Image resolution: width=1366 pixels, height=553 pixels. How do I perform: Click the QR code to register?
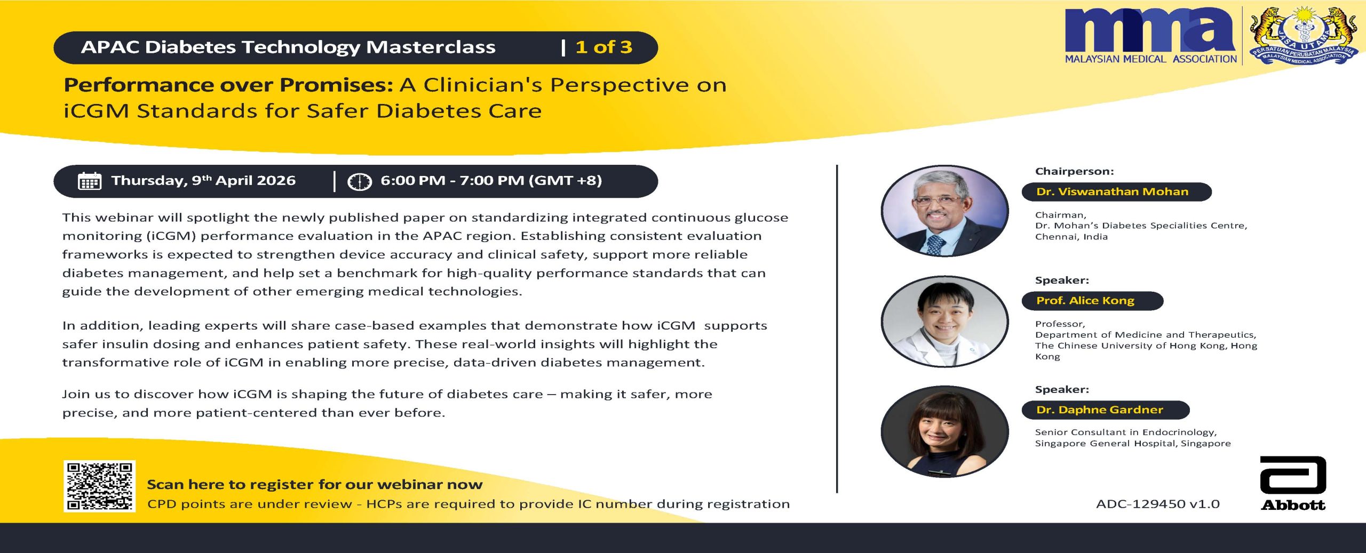point(99,486)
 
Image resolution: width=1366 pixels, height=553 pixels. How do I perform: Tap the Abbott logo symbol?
point(1292,475)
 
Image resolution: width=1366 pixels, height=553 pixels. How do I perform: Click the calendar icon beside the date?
point(90,181)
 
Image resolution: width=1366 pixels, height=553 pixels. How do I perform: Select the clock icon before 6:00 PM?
point(359,182)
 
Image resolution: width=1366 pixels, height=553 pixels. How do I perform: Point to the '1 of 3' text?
point(604,47)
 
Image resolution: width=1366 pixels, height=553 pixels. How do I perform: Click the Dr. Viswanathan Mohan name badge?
point(1116,192)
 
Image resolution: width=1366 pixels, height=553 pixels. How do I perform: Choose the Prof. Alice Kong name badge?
point(1092,301)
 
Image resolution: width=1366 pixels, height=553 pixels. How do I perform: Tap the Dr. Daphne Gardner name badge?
point(1106,410)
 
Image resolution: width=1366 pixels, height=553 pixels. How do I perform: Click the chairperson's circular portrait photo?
point(944,211)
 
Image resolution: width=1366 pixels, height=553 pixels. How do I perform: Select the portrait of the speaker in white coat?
point(944,322)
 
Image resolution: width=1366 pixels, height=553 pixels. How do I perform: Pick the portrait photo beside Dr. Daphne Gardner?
point(944,431)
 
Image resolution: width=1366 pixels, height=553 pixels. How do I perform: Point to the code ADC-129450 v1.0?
point(1158,504)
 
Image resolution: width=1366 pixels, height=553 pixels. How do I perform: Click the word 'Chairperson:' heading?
point(1075,172)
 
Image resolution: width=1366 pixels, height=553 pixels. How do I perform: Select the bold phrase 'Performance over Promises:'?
point(228,85)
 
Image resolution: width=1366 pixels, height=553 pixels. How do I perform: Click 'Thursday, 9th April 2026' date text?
point(203,181)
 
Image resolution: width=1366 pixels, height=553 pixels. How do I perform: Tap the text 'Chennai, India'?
point(1071,237)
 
